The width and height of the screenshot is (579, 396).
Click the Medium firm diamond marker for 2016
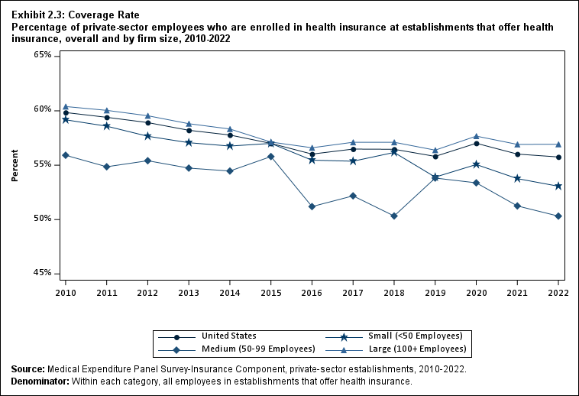point(312,206)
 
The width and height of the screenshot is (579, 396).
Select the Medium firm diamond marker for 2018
point(393,216)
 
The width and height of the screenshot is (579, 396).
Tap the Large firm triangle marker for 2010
point(66,106)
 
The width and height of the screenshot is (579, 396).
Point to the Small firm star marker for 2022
point(558,186)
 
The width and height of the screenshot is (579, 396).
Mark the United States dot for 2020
point(476,143)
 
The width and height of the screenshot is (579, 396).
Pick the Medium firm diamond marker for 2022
point(558,216)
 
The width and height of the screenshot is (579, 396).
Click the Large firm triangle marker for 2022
point(558,144)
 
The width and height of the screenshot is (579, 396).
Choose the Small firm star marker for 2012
point(147,136)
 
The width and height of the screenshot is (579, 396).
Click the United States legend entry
point(228,336)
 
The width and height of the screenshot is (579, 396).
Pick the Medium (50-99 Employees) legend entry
point(258,349)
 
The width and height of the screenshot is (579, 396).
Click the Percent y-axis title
point(15,164)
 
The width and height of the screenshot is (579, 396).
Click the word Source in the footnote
point(27,369)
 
